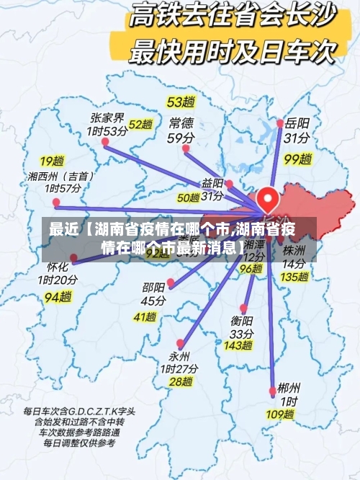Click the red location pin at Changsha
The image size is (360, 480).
pos(267,197)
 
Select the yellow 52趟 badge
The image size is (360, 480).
pos(141,125)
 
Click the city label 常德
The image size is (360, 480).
pos(181,123)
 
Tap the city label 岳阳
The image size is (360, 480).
pos(297,123)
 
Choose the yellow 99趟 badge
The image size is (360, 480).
pos(297,158)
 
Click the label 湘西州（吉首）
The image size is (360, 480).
pos(60,175)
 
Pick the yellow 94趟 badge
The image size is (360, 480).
pos(58,295)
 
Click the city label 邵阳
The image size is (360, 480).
pos(153,288)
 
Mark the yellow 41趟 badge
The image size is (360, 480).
pos(145,316)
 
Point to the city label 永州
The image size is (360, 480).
pos(179,356)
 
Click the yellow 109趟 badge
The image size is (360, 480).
pos(279,414)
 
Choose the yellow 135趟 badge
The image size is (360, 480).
pos(294,276)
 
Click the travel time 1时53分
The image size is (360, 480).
pos(107,131)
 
